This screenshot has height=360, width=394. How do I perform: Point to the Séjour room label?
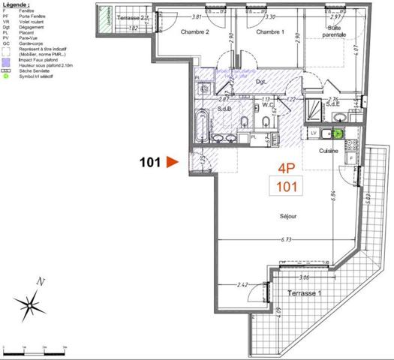point(287,216)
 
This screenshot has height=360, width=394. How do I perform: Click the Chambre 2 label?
point(195,32)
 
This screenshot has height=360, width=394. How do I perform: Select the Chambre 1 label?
point(270,32)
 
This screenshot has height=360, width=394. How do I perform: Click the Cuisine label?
point(329,151)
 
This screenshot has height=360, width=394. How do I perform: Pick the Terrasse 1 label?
point(303,293)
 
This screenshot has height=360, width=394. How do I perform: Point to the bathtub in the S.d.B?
point(202,125)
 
